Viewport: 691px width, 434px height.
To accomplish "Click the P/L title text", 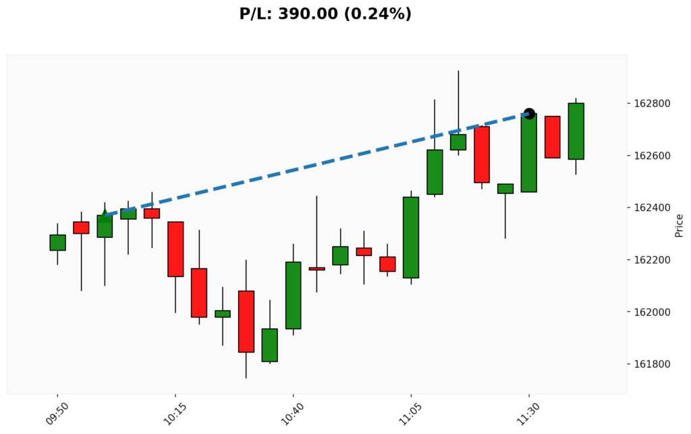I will pos(325,13).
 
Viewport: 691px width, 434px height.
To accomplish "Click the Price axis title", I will pos(680,225).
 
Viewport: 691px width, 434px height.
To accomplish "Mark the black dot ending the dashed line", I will pos(529,114).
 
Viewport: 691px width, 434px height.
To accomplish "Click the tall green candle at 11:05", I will pos(411,237).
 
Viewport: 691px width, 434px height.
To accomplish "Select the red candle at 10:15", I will pos(175,249).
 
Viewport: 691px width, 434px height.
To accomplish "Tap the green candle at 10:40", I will pos(293,295).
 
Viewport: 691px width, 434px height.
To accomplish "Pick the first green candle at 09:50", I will pos(57,243).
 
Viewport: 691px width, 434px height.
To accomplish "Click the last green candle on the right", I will pos(576,131).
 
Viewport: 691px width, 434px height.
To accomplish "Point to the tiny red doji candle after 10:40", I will pos(316,269).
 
